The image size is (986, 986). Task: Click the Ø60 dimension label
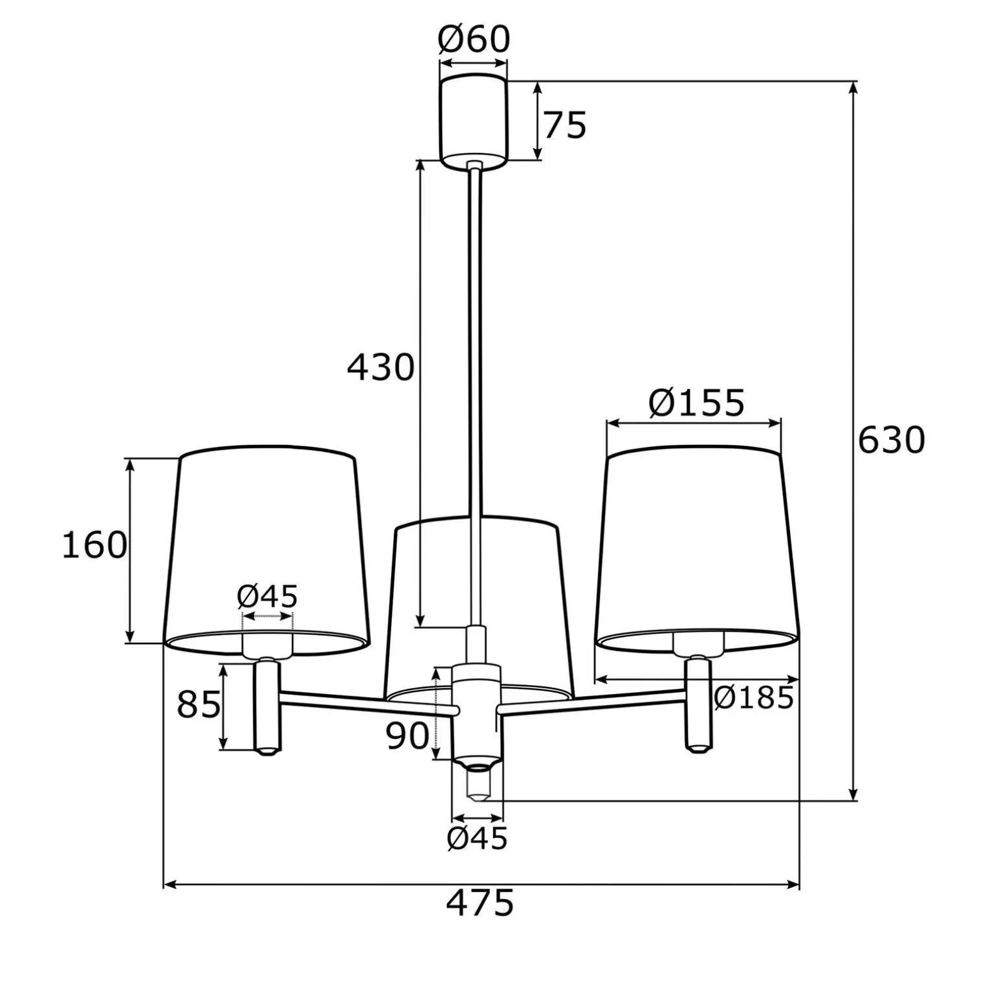point(474,40)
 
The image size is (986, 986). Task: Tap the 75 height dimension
point(565,125)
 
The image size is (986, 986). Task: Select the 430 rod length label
point(380,368)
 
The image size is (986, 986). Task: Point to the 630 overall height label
point(891,440)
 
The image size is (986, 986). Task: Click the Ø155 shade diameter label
point(697,403)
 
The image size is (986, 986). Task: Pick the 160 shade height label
point(94,546)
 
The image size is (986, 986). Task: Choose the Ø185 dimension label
point(754,698)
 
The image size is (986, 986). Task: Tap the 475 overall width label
point(480,903)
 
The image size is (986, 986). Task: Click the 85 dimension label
point(198,705)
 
